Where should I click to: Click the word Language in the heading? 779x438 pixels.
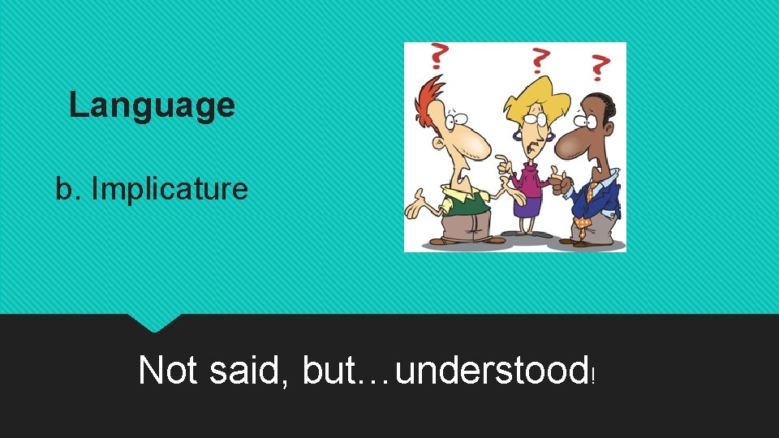point(152,105)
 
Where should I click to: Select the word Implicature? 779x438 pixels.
point(170,189)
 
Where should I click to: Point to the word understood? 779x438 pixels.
point(492,371)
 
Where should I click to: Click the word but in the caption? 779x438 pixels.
point(329,371)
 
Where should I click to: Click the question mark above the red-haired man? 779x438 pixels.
point(439,58)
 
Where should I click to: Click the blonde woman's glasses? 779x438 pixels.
point(528,118)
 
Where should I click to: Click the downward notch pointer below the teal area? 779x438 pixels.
point(154,323)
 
